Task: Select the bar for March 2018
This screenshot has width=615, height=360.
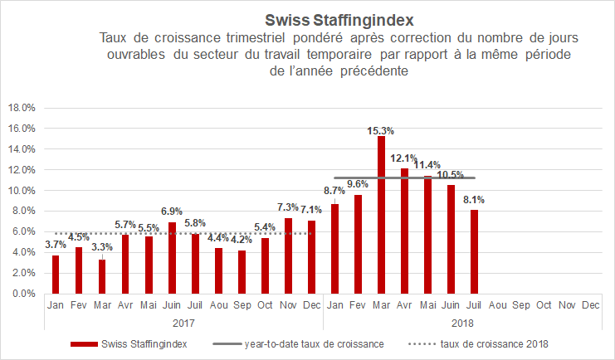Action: pyautogui.click(x=381, y=215)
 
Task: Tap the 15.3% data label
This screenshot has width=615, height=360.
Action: pyautogui.click(x=381, y=130)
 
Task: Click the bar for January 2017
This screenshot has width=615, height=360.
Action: pyautogui.click(x=56, y=275)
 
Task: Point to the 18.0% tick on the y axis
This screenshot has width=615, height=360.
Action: pyautogui.click(x=22, y=108)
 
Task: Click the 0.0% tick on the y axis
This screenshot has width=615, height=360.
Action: pyautogui.click(x=23, y=294)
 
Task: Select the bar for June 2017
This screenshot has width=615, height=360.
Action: pyautogui.click(x=172, y=258)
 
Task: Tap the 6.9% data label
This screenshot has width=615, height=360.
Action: pyautogui.click(x=172, y=212)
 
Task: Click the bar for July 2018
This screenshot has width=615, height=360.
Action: pyautogui.click(x=474, y=252)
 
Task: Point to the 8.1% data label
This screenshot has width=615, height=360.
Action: pyautogui.click(x=474, y=200)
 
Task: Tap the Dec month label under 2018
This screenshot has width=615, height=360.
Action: pyautogui.click(x=590, y=305)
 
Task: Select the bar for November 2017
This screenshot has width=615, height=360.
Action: pyautogui.click(x=288, y=255)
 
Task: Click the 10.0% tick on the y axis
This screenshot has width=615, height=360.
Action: pyautogui.click(x=22, y=191)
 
